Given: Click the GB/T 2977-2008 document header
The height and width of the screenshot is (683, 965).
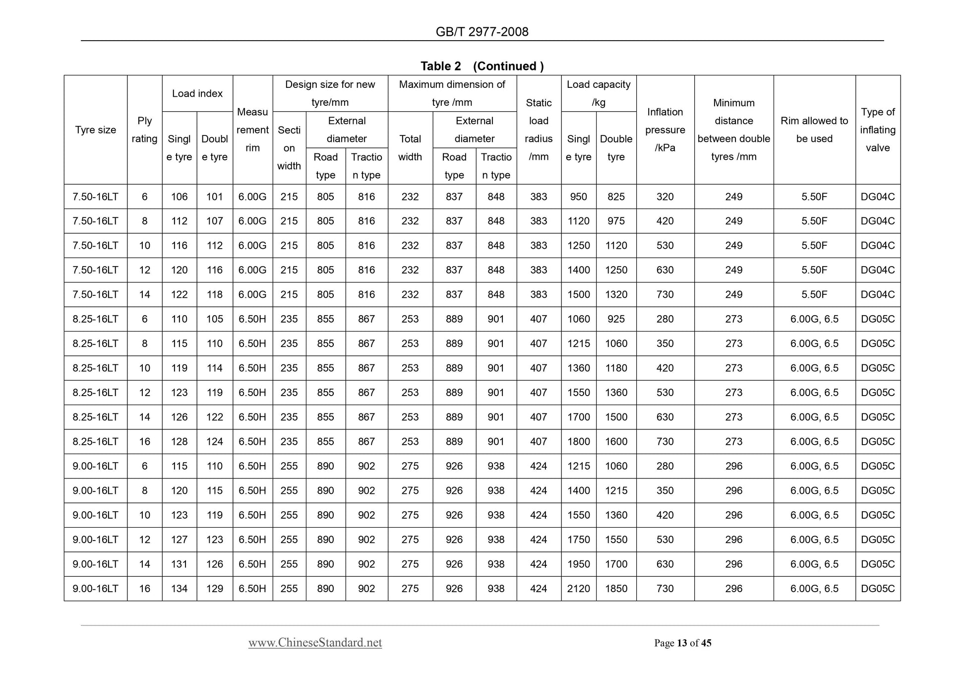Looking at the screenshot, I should [x=482, y=32].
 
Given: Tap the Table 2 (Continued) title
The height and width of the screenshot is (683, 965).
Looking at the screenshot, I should [x=482, y=66].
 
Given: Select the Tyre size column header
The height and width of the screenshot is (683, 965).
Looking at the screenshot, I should [x=95, y=130].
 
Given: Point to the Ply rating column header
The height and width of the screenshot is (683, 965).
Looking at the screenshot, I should [x=144, y=130].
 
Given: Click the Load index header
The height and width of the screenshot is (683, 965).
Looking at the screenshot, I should [x=197, y=93].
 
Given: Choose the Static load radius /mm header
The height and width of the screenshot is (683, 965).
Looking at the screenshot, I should [x=539, y=130].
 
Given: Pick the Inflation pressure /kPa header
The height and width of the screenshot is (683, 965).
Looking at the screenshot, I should [x=665, y=130].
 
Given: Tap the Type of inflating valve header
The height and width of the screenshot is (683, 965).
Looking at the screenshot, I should [x=878, y=130].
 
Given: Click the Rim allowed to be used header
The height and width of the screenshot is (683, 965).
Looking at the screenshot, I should [x=814, y=130].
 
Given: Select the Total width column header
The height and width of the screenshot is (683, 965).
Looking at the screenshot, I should [x=410, y=148].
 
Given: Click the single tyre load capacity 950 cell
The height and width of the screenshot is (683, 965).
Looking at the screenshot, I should [x=579, y=197].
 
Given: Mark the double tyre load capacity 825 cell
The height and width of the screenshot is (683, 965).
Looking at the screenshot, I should [x=616, y=197].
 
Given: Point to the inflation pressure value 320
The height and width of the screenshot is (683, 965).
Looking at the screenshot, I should [x=665, y=197].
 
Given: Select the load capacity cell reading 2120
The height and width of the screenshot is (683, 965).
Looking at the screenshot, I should [x=579, y=589].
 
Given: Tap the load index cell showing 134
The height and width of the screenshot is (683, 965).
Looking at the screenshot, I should [x=180, y=589].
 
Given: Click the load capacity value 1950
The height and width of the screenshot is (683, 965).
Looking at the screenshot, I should [x=579, y=564].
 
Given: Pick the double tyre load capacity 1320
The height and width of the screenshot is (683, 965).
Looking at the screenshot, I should [x=616, y=294].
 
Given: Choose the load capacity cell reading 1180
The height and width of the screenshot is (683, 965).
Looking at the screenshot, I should [x=616, y=368].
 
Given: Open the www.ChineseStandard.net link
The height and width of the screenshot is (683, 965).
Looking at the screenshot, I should [x=315, y=643].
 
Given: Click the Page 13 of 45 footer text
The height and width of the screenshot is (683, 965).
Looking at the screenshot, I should [x=682, y=643].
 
